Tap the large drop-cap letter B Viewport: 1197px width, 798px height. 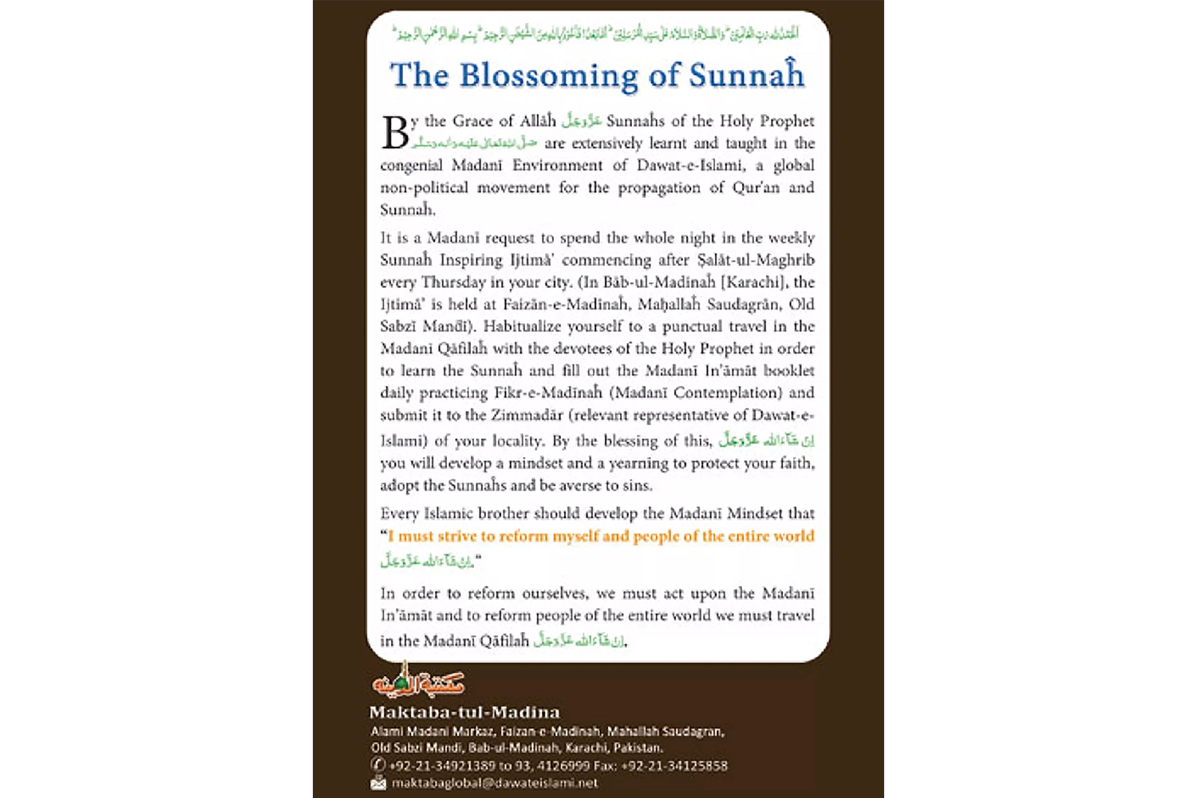coord(396,133)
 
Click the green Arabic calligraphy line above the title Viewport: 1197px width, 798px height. coord(596,34)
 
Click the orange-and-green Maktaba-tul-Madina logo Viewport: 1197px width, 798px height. coord(418,681)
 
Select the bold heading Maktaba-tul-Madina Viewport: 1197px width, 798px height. coord(464,712)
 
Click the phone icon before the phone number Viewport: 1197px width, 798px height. coord(378,764)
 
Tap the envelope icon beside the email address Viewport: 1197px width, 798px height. coord(378,783)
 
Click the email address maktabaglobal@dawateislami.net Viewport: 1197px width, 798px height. coord(495,783)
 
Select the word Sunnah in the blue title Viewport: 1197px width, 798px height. coord(747,76)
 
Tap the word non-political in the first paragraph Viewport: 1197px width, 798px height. coord(424,188)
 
